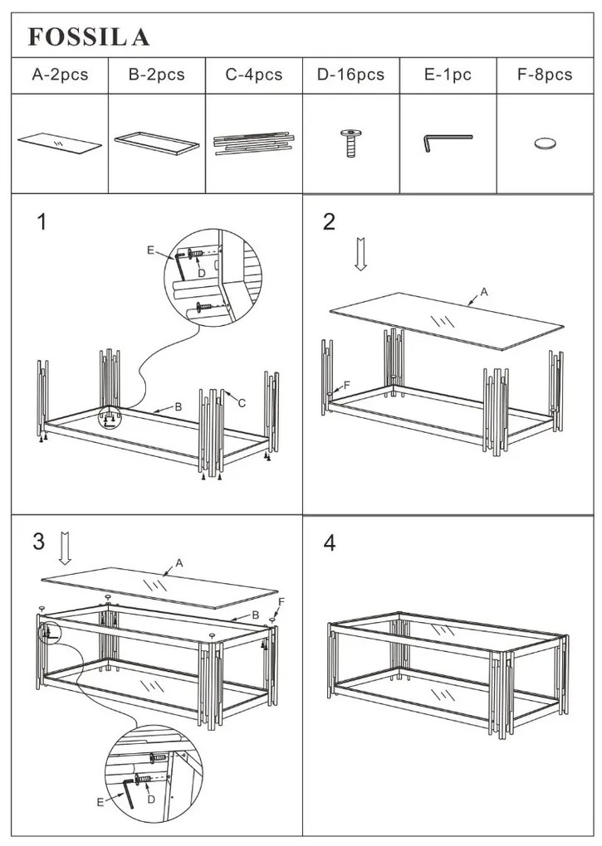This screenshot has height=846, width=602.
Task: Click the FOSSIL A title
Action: (x=89, y=36)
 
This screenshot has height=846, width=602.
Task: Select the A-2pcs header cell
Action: (x=59, y=75)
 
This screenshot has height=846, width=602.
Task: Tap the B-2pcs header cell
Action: (x=156, y=75)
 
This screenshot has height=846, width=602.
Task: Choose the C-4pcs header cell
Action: (x=254, y=75)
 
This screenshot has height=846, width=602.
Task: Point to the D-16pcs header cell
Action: (x=350, y=75)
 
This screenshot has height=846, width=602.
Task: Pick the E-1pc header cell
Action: (x=448, y=75)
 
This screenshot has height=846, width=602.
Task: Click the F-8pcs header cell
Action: (x=545, y=75)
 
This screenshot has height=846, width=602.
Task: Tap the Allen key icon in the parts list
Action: (x=446, y=141)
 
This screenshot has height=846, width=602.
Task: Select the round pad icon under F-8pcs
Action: (x=546, y=144)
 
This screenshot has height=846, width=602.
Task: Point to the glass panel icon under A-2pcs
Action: (x=59, y=143)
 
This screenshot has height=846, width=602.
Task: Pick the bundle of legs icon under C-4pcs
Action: (x=254, y=143)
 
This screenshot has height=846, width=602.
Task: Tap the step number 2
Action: (x=330, y=221)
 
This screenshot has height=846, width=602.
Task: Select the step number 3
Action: (x=38, y=542)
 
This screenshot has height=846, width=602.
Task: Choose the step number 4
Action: (x=330, y=543)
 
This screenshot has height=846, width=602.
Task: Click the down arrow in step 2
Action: (x=360, y=255)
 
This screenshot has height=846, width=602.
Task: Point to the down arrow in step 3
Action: (x=66, y=548)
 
